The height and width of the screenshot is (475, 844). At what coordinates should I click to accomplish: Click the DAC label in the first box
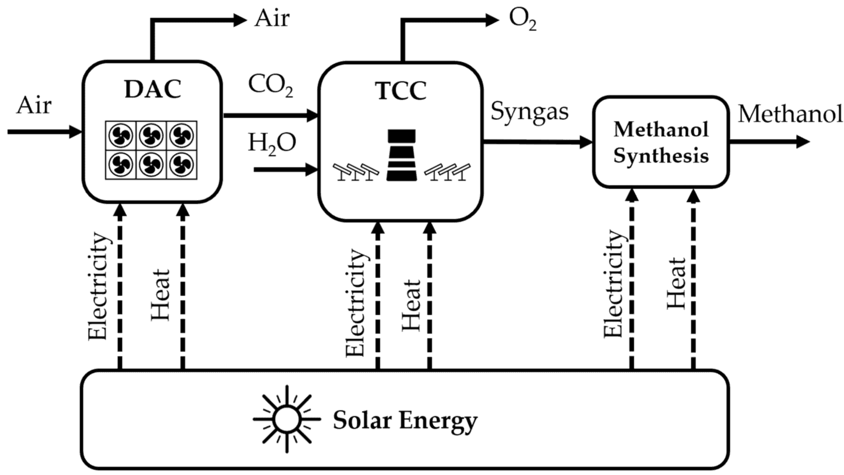153,89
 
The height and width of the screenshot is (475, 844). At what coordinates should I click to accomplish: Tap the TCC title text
401,91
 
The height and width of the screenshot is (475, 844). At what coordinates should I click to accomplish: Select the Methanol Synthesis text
661,142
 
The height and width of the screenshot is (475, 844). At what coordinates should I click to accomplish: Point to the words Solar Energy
405,421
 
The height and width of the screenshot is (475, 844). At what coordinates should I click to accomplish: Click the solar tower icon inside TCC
401,155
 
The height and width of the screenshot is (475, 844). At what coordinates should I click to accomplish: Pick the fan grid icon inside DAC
151,150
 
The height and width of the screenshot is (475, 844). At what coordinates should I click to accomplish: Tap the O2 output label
522,20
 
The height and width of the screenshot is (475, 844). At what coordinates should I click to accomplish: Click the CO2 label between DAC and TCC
270,85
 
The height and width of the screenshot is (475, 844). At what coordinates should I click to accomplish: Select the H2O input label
272,143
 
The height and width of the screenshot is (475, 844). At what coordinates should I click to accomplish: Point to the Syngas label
529,111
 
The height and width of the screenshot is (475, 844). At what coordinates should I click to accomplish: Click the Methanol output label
790,114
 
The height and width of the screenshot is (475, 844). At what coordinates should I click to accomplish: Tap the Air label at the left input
34,105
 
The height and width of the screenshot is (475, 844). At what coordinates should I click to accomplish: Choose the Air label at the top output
272,19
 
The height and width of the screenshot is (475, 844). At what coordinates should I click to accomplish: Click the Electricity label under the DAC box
98,286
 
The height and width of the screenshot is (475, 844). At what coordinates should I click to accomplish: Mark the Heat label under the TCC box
411,304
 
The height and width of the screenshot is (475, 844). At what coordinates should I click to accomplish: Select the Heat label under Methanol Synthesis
676,283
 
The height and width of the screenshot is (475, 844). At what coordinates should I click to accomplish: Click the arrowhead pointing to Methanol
802,141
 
